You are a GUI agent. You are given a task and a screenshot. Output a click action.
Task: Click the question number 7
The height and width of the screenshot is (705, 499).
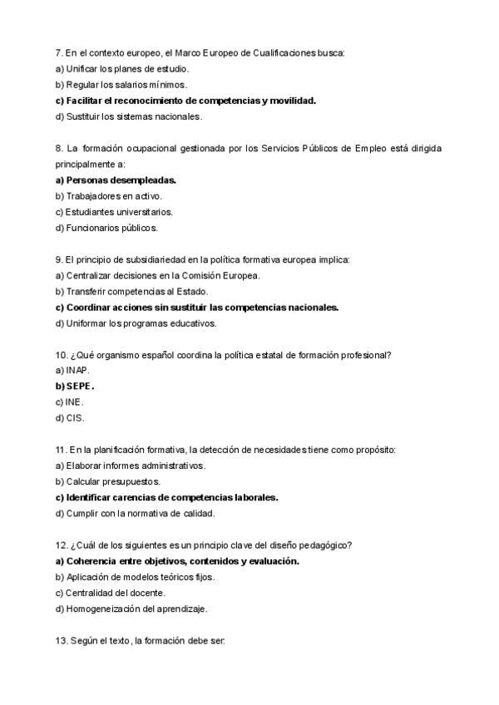coord(59,53)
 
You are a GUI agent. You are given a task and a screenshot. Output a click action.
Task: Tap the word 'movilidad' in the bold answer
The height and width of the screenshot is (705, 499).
coord(292,101)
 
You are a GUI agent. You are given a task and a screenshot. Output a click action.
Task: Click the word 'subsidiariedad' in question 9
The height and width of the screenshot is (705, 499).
coord(152,259)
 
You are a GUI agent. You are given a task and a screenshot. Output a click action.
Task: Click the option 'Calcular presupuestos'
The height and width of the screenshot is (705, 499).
coord(108,481)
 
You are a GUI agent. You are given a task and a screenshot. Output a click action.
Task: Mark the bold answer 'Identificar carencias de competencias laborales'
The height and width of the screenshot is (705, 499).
coord(166,497)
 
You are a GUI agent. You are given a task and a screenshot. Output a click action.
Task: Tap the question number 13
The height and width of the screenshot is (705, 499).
coord(62,641)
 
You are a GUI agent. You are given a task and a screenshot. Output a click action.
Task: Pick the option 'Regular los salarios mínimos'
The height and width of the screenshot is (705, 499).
coord(121,85)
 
